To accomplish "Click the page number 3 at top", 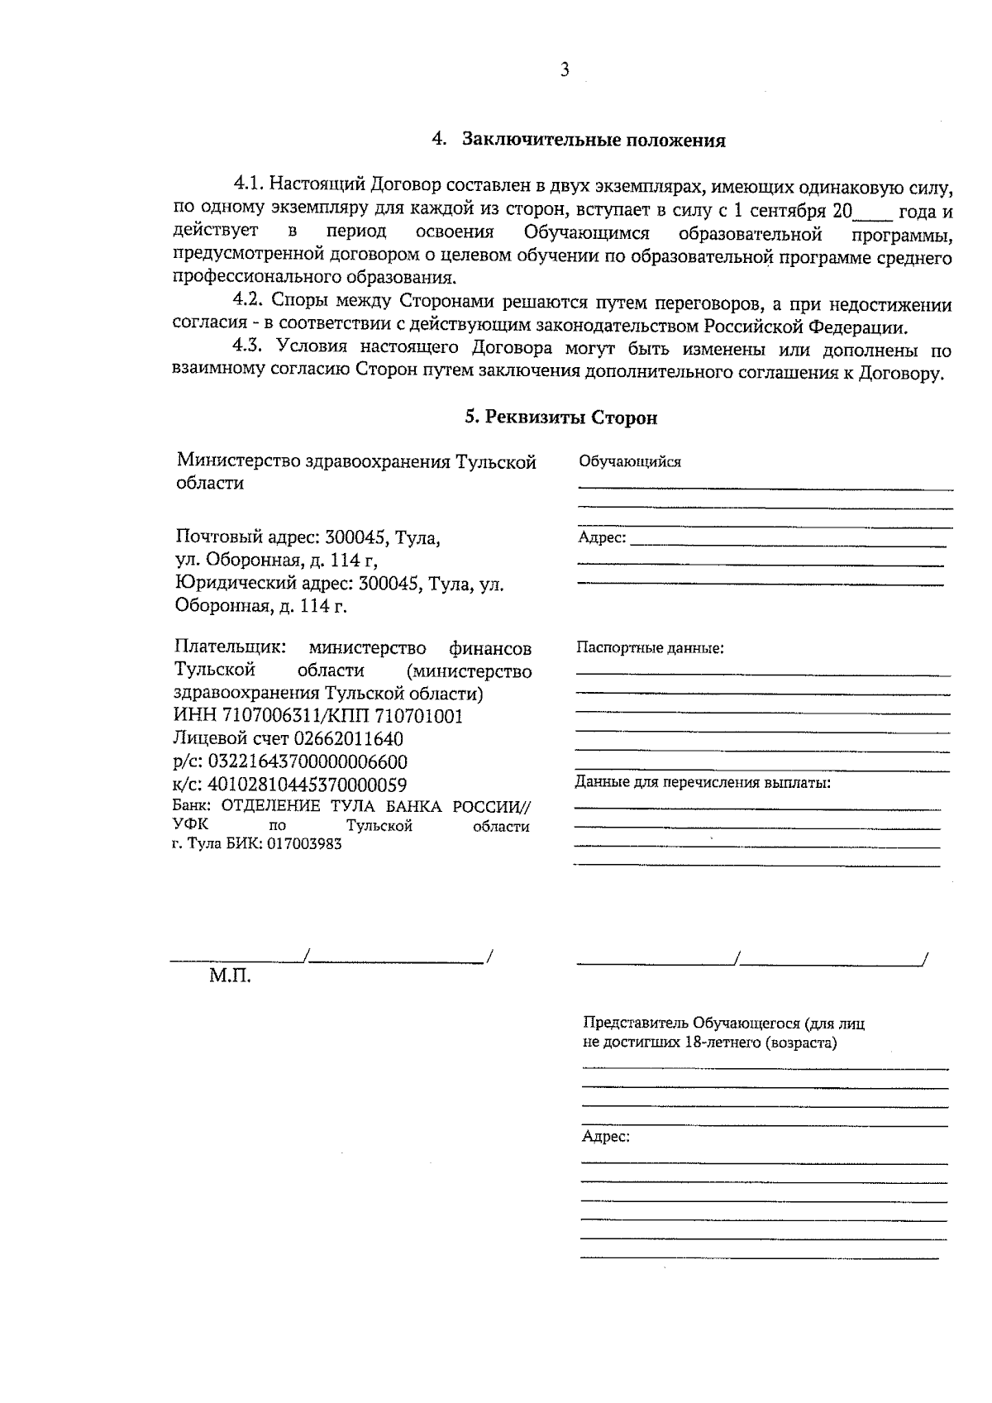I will click(x=565, y=70).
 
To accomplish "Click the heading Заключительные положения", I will click(x=593, y=140).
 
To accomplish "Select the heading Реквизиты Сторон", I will click(x=570, y=418).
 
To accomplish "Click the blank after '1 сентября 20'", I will click(x=872, y=213).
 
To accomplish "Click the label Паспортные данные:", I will click(x=650, y=647).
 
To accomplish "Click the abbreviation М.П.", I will click(x=229, y=976).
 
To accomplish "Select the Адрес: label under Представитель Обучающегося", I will click(x=606, y=1137).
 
